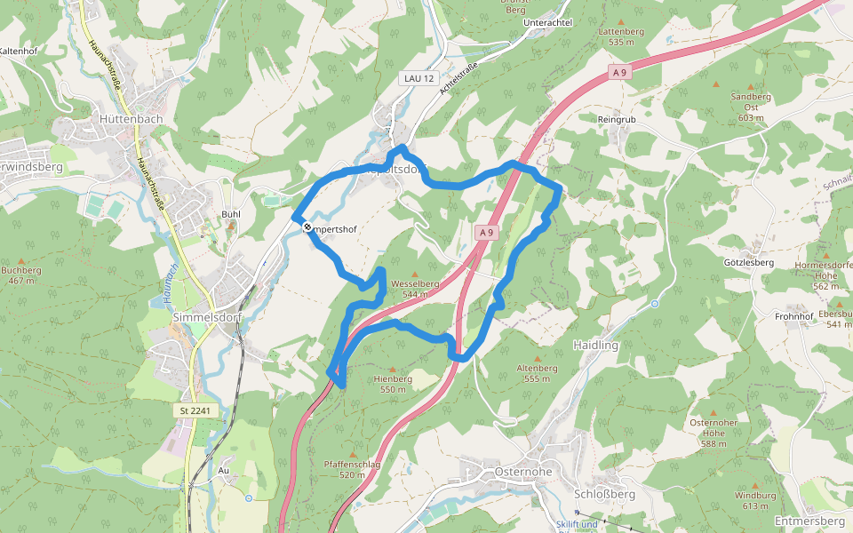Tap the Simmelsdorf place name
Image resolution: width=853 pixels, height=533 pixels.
coord(204,318)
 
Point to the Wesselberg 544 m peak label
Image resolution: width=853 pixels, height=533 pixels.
coord(421,289)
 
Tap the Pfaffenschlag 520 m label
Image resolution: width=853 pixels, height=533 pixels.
coord(352,469)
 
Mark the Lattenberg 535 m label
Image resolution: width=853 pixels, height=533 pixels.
coord(621,36)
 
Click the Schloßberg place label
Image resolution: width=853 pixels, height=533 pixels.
coord(604,494)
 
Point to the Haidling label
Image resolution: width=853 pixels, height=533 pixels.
coord(595,345)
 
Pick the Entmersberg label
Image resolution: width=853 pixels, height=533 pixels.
coord(809,521)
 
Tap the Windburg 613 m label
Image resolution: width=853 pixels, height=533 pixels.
coord(751,500)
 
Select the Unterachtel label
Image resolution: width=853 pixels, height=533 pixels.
coord(548,21)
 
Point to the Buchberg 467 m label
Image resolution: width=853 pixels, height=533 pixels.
coord(21,274)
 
